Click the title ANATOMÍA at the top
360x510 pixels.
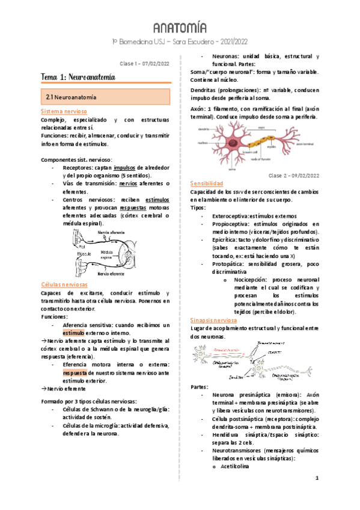tap(180, 28)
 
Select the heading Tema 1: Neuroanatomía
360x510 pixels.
tap(78, 78)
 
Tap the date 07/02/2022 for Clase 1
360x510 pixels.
tap(153, 64)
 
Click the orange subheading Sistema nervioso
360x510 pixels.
tap(64, 112)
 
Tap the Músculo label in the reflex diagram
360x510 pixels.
tap(84, 254)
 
